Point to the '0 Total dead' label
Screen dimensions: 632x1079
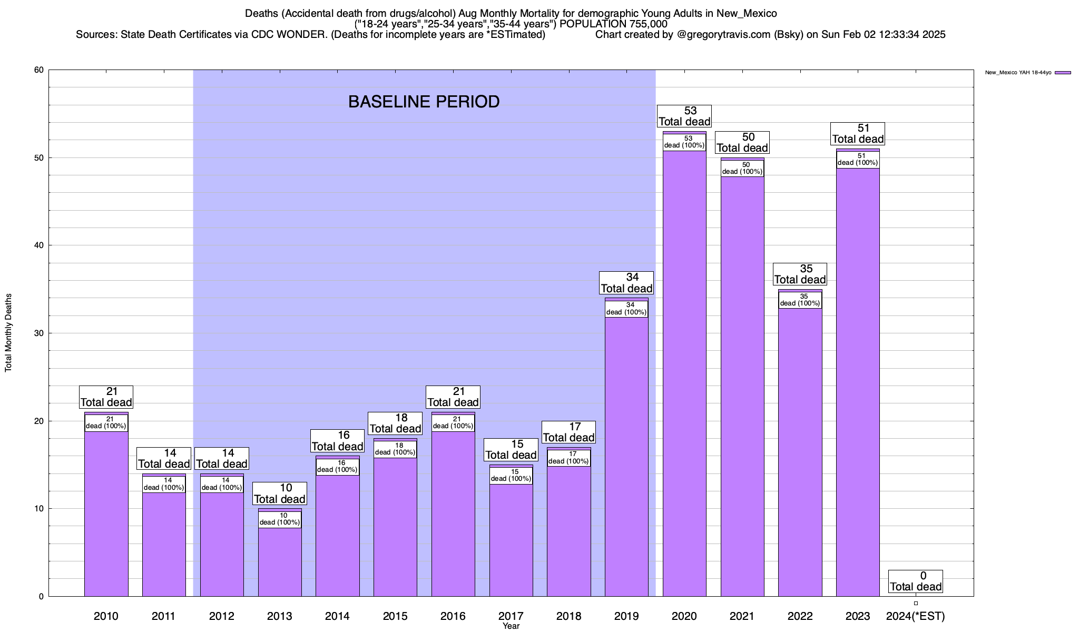[916, 581]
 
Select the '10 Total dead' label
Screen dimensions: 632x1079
[280, 494]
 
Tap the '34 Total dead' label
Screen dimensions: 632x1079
[626, 283]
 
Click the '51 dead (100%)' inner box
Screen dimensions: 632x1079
[858, 160]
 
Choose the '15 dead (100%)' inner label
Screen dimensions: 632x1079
[511, 476]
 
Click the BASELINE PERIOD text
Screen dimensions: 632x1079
[424, 102]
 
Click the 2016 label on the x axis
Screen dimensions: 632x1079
[453, 616]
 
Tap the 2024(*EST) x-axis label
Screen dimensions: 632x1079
[916, 616]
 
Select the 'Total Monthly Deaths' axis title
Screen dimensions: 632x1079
[8, 333]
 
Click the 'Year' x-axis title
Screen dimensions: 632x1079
[511, 626]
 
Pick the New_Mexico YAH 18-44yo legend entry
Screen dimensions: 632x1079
[1027, 73]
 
